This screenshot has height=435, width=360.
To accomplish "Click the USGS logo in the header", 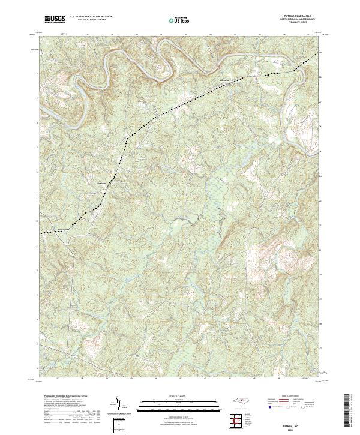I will point(55,19).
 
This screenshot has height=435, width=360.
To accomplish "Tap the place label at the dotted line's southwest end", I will point(64,229).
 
